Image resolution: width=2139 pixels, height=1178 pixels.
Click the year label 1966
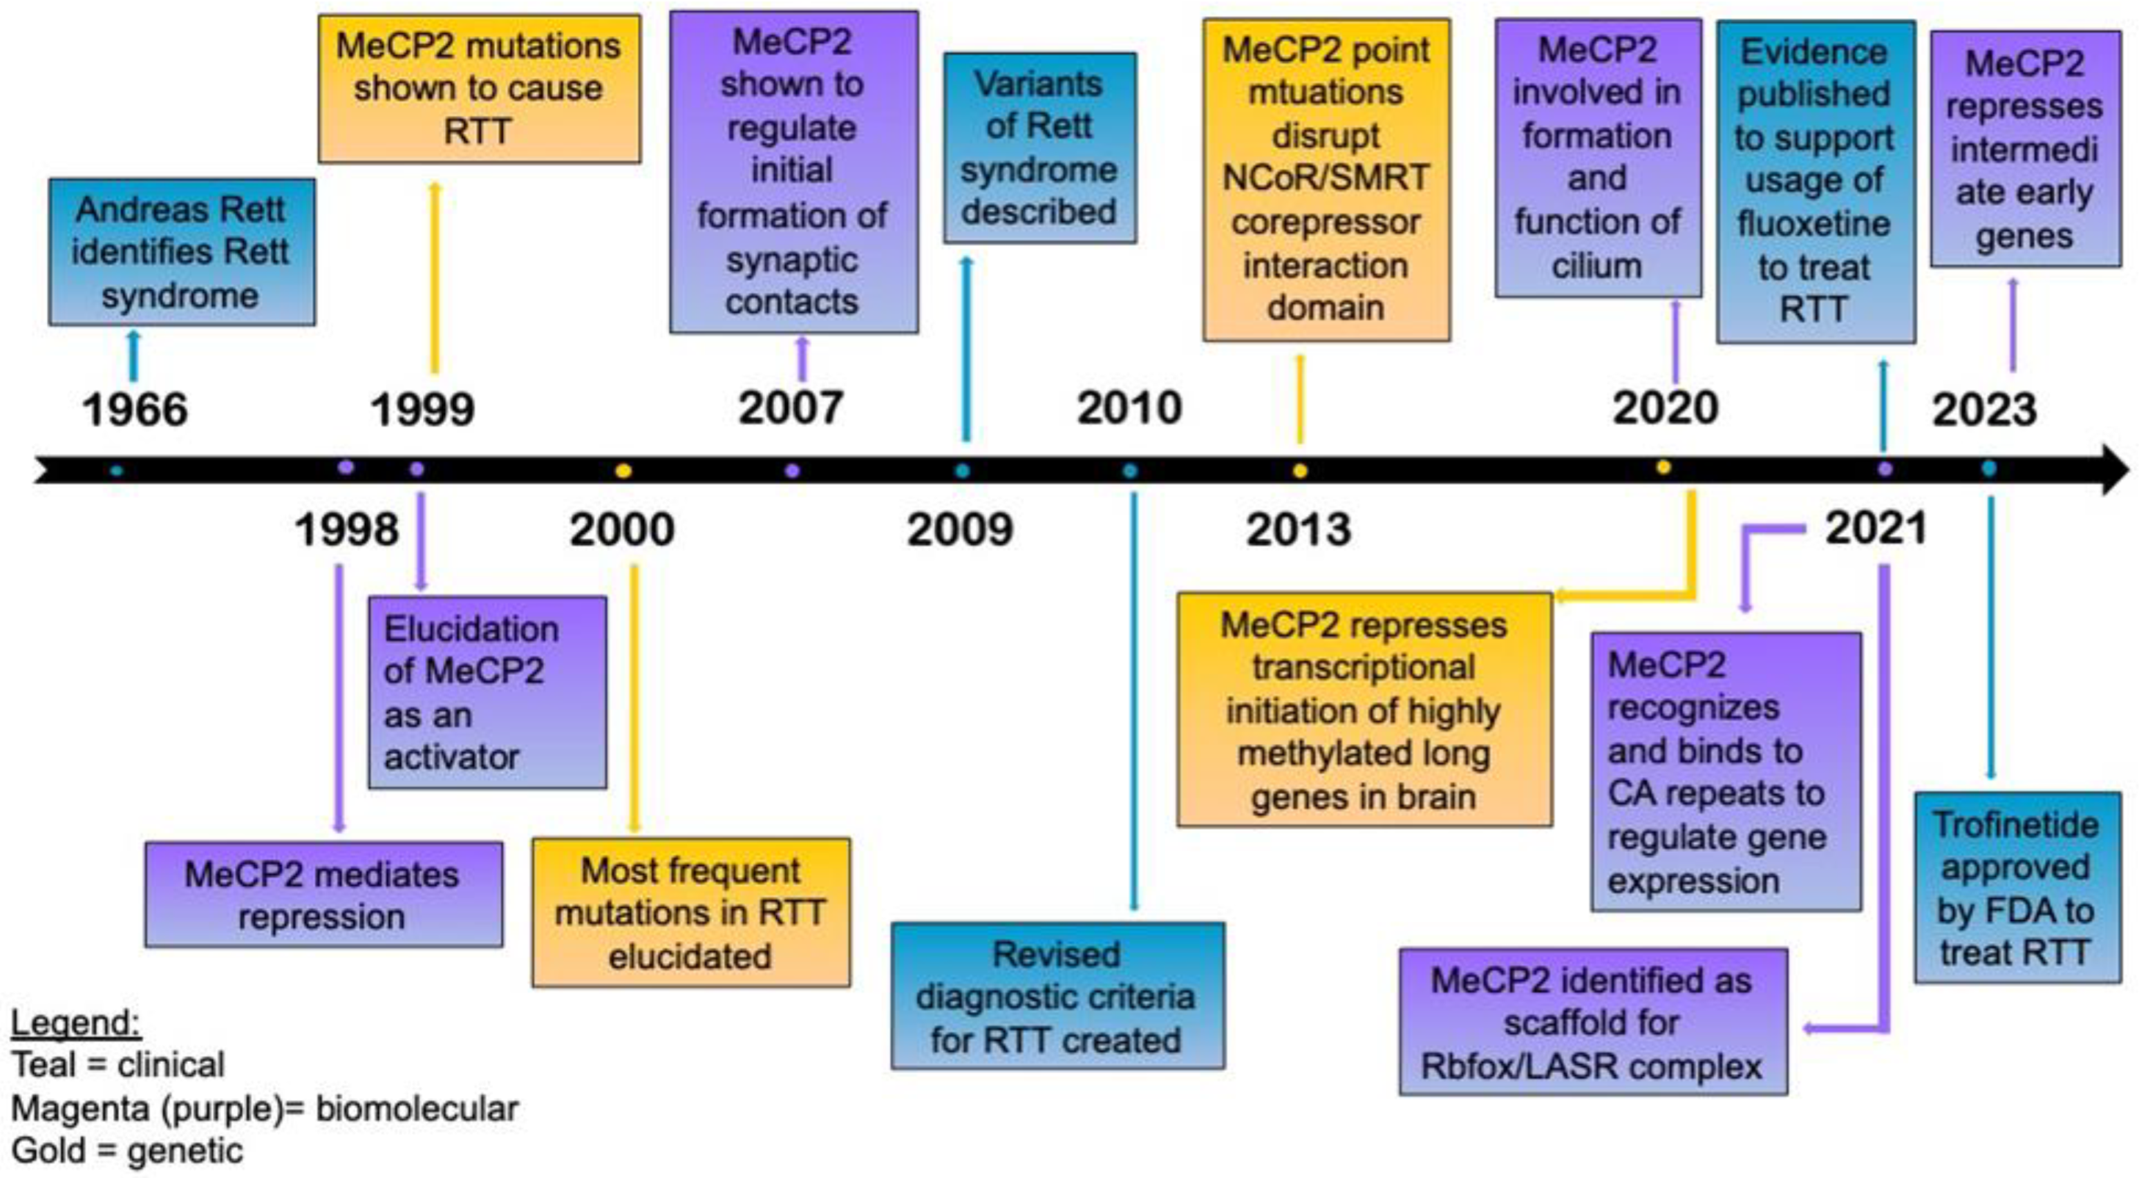click(135, 409)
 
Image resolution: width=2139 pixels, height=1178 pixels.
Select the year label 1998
click(346, 530)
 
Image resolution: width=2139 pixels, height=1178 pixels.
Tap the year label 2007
click(791, 408)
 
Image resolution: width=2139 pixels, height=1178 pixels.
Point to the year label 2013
click(1299, 530)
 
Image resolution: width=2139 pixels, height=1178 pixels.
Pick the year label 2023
click(1985, 409)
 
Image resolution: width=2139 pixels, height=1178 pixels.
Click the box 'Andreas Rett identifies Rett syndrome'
click(182, 251)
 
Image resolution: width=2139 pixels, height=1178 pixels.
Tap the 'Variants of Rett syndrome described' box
click(1039, 148)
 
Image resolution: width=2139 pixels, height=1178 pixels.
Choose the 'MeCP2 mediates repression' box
click(323, 894)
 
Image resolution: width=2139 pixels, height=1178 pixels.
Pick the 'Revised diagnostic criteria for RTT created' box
click(1057, 996)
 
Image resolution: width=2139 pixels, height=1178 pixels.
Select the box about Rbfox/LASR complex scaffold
click(1592, 1022)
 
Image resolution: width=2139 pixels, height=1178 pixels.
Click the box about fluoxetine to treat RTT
click(1815, 181)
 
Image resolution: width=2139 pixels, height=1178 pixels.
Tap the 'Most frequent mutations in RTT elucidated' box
click(691, 913)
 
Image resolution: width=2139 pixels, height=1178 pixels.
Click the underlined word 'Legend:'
click(75, 1023)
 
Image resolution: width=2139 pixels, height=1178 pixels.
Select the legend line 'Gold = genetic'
click(127, 1150)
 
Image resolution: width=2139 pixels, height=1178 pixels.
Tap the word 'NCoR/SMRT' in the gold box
click(1326, 178)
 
